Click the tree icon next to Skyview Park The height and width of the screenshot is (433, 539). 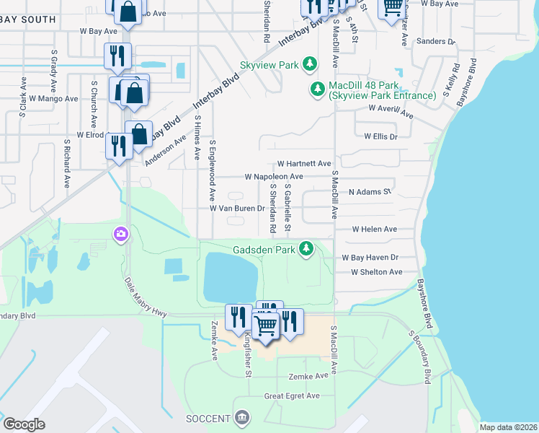[310, 65]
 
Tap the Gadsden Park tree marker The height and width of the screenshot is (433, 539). [307, 249]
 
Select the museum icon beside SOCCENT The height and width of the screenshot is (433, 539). [242, 418]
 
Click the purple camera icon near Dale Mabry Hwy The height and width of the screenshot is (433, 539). [120, 234]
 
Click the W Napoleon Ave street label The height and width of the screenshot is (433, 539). [273, 176]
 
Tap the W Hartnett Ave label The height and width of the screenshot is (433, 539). [303, 164]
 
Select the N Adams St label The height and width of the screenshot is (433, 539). [369, 193]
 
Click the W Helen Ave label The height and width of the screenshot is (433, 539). [374, 229]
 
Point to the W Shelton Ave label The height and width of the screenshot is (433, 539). [376, 272]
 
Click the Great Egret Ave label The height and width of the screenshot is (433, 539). [291, 395]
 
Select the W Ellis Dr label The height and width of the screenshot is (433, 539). [380, 136]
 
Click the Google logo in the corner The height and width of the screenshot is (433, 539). [24, 424]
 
